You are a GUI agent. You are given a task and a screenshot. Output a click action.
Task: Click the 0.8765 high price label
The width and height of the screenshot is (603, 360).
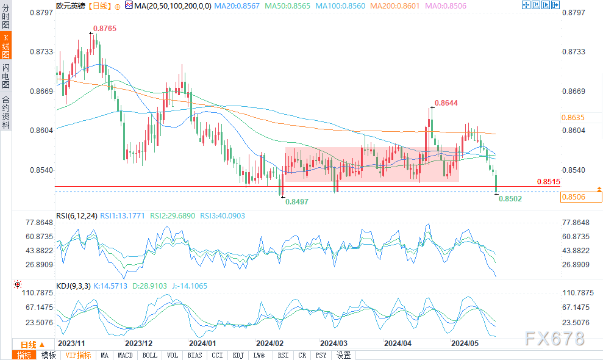pos(105,29)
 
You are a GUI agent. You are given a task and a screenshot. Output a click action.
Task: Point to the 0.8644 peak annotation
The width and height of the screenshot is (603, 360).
pos(445,103)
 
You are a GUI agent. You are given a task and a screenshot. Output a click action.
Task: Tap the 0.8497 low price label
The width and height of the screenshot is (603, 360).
pos(297,201)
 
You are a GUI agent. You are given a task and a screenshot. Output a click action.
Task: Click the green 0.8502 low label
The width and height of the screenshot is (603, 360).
pos(510,198)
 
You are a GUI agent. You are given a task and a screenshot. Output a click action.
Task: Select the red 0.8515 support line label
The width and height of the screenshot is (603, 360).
pos(548,182)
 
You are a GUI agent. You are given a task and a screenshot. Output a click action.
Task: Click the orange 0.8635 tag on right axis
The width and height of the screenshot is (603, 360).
pos(574,117)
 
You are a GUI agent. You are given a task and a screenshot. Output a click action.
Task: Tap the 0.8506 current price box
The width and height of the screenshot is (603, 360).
pos(574,196)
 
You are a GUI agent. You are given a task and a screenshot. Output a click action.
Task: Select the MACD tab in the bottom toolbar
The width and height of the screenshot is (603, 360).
pos(125,355)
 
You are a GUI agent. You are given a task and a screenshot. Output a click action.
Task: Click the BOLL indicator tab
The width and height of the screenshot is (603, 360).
pos(149,355)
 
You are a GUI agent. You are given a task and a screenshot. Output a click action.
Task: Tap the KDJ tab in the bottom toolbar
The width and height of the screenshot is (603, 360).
pos(238,355)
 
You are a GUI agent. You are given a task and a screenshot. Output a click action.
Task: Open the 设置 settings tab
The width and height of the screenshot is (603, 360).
pos(343,355)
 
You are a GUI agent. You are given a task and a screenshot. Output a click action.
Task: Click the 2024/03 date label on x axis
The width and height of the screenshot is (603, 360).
pos(333,343)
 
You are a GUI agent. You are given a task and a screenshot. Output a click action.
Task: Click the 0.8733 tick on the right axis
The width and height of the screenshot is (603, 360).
pos(574,52)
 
